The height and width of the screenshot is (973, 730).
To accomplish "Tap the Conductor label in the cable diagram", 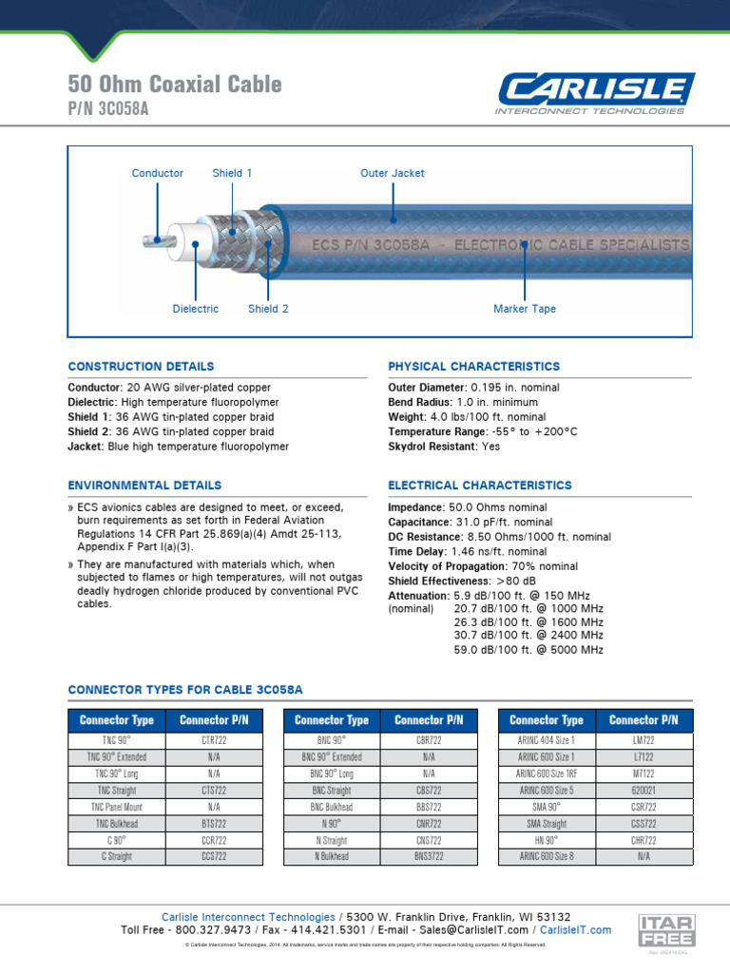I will pyautogui.click(x=158, y=173).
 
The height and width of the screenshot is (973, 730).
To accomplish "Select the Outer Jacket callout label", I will pyautogui.click(x=392, y=173).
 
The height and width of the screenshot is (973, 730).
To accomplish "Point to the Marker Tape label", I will pyautogui.click(x=525, y=309).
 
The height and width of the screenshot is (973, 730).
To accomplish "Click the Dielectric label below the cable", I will pyautogui.click(x=195, y=309).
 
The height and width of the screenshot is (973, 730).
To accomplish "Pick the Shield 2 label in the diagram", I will pyautogui.click(x=268, y=309).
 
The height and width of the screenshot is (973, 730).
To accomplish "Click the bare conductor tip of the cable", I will pyautogui.click(x=150, y=239).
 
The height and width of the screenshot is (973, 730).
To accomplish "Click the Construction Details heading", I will pyautogui.click(x=141, y=366).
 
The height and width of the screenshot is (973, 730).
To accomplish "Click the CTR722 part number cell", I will pyautogui.click(x=213, y=739).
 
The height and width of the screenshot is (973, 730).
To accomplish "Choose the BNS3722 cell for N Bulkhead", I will pyautogui.click(x=428, y=856).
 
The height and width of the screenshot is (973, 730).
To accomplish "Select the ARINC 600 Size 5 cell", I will pyautogui.click(x=547, y=791).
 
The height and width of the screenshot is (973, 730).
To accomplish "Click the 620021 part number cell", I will pyautogui.click(x=644, y=791).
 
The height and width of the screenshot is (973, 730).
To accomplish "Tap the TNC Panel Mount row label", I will pyautogui.click(x=117, y=807).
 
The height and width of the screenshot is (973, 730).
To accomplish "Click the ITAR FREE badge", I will pyautogui.click(x=666, y=929).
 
